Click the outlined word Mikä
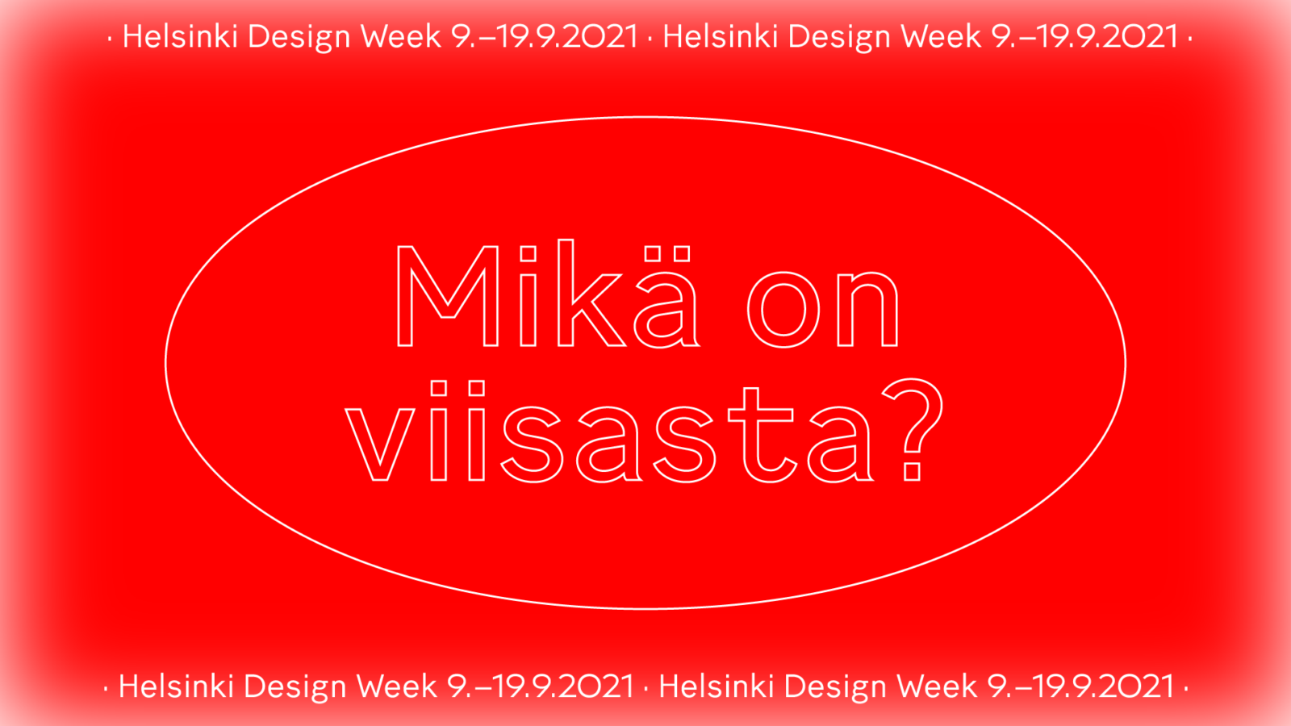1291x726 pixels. [x=548, y=294]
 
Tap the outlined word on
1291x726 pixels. [x=823, y=310]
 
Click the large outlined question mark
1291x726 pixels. [x=913, y=429]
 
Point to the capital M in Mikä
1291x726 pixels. [x=447, y=296]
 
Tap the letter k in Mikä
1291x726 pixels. [x=591, y=294]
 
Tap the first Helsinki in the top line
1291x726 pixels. [x=181, y=37]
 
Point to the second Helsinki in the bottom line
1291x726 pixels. [x=716, y=686]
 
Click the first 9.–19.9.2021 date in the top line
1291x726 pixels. [x=545, y=37]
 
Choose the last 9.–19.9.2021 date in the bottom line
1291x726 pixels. [x=1080, y=686]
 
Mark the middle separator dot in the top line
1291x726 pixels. [x=650, y=40]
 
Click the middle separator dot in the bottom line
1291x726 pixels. [x=646, y=689]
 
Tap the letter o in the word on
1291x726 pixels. [x=783, y=310]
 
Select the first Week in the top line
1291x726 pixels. [x=401, y=37]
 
